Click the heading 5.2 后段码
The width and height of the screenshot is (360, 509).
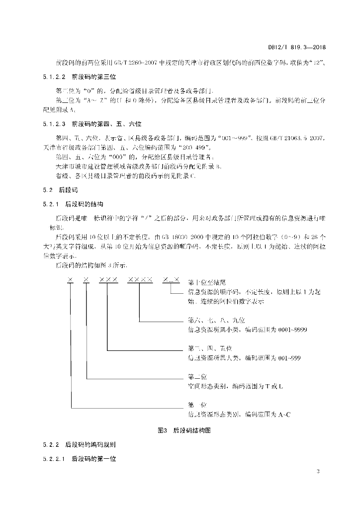click(x=56, y=190)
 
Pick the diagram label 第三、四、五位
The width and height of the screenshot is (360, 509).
click(x=207, y=348)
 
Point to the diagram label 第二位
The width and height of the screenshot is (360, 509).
click(x=197, y=376)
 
